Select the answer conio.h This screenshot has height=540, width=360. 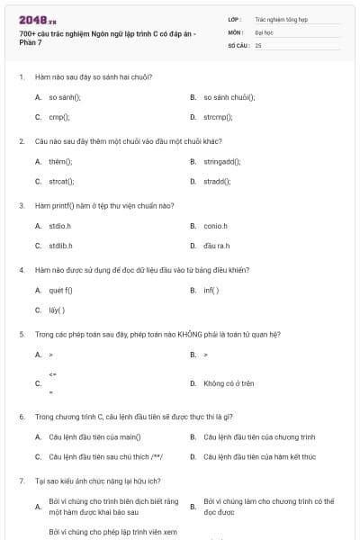(x=215, y=226)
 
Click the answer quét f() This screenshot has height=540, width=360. (x=60, y=290)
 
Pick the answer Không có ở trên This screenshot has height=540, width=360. (x=229, y=383)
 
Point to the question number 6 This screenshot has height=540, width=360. (x=21, y=417)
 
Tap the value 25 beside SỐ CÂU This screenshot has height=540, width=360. (x=258, y=44)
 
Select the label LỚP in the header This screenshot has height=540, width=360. (x=235, y=18)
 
